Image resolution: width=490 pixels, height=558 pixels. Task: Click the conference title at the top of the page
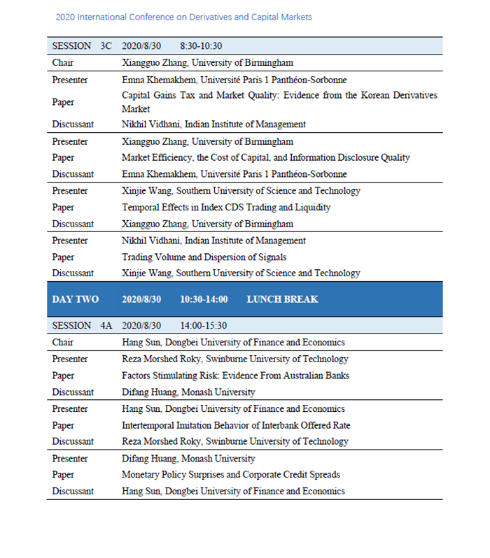183,17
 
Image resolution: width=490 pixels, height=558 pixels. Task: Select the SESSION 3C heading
81,46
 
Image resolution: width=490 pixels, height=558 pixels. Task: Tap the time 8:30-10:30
201,46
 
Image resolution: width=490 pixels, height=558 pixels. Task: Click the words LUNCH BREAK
282,299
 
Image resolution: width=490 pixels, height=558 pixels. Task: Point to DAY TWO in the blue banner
75,299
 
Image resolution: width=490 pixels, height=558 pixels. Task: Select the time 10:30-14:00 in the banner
204,299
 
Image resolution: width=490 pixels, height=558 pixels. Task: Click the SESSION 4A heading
81,326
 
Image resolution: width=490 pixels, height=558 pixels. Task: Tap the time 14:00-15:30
203,326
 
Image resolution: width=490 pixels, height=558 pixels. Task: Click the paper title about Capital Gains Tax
279,102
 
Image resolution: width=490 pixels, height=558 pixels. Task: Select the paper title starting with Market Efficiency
265,158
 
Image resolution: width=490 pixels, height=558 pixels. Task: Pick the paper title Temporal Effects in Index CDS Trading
226,208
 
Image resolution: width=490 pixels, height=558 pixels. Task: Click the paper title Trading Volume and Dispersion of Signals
204,257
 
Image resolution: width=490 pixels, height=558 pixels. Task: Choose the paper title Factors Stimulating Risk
235,375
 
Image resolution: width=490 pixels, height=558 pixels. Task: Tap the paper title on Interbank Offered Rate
236,425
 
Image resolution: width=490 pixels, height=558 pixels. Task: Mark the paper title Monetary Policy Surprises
231,475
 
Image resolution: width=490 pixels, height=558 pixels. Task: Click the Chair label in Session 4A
62,343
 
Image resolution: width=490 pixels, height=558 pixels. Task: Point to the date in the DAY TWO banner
141,299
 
